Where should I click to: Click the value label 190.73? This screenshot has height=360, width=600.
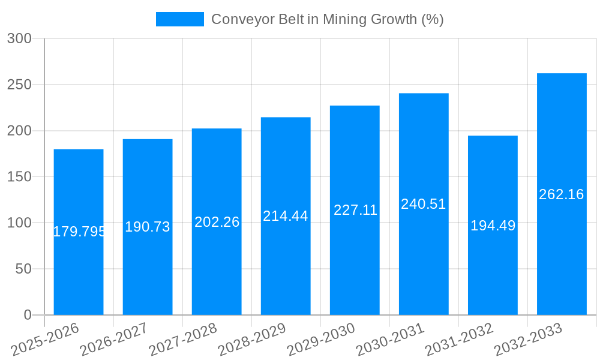click(x=148, y=227)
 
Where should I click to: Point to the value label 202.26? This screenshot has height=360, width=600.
click(x=217, y=222)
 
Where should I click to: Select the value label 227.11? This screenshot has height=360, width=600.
click(x=355, y=210)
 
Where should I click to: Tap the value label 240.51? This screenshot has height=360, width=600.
click(x=424, y=204)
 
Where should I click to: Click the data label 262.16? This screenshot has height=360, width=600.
click(x=562, y=194)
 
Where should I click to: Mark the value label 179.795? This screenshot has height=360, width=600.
click(x=79, y=232)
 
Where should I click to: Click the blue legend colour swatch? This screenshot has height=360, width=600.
click(x=179, y=19)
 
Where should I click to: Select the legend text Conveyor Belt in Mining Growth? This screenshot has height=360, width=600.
click(x=328, y=19)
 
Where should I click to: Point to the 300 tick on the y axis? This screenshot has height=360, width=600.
click(x=19, y=38)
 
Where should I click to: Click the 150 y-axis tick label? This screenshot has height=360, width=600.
click(x=19, y=177)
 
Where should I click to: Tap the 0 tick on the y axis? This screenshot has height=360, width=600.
click(x=27, y=315)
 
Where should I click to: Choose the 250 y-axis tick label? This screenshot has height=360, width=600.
click(x=19, y=85)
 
